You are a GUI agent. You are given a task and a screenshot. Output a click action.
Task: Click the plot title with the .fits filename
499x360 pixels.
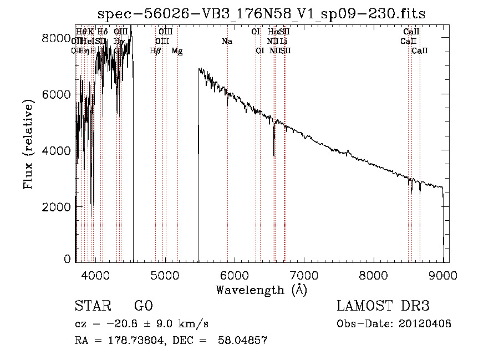[262, 14]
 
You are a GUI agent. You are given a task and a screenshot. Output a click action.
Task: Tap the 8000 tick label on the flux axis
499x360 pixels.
[57, 38]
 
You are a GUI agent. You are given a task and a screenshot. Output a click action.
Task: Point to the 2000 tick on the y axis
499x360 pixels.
[57, 206]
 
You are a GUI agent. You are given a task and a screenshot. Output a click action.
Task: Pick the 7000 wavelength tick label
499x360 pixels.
[304, 275]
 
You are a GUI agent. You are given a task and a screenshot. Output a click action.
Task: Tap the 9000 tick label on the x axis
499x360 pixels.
[443, 275]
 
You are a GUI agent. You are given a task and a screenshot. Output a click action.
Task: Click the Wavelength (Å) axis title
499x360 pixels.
[261, 290]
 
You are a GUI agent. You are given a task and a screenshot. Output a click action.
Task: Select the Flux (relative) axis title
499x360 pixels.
[29, 149]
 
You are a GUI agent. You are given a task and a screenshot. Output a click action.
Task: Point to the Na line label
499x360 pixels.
[227, 42]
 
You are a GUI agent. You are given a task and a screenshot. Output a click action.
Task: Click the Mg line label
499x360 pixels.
[177, 51]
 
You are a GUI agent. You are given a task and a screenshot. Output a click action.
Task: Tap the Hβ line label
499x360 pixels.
[155, 51]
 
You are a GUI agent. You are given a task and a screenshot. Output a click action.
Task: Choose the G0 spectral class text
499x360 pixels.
[143, 307]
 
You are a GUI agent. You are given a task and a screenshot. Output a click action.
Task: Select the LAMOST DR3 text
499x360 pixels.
[383, 307]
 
